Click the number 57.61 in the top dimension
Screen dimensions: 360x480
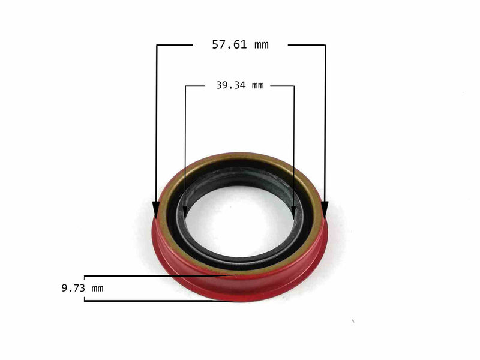click(230, 45)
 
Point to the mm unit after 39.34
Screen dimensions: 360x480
click(257, 86)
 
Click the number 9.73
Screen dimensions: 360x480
click(73, 288)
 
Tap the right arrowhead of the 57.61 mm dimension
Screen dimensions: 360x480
click(325, 209)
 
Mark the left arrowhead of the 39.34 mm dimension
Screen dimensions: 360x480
click(185, 212)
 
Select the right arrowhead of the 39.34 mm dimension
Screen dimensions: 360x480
click(294, 212)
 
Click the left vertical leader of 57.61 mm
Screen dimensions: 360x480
click(156, 120)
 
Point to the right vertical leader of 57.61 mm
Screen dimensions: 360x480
click(325, 120)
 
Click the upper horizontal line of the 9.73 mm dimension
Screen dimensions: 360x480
click(156, 276)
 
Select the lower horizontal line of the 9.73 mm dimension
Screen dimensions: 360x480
click(156, 301)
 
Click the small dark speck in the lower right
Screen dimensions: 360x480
click(353, 322)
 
